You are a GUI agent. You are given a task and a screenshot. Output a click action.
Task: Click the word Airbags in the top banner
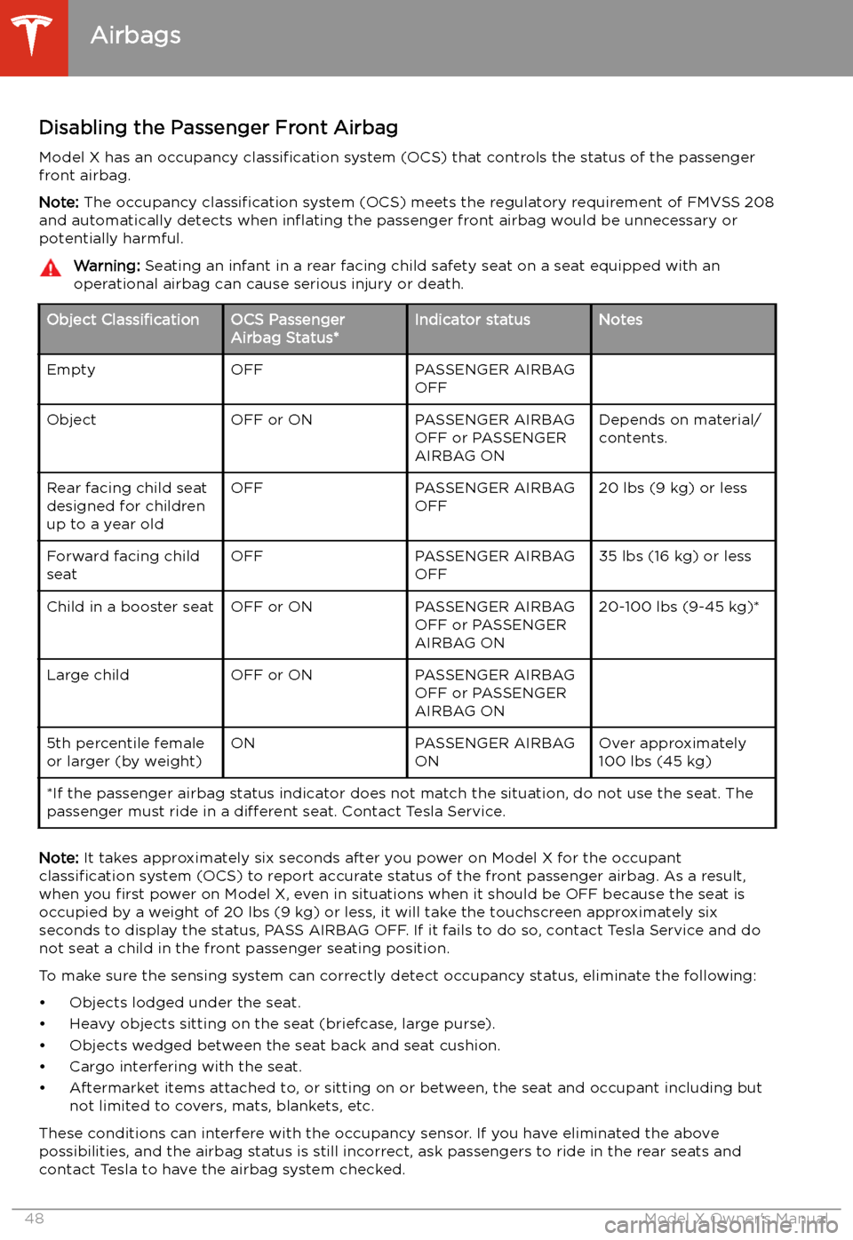[136, 36]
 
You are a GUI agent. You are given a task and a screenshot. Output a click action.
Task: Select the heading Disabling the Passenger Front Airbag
[218, 128]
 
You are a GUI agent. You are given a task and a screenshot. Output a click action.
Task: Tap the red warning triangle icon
[51, 268]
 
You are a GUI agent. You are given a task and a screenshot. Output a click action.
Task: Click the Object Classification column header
[123, 320]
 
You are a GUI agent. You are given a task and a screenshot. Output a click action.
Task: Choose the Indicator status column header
[472, 320]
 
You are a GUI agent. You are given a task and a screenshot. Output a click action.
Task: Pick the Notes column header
[620, 320]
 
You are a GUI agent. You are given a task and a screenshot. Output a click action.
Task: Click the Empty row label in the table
[71, 370]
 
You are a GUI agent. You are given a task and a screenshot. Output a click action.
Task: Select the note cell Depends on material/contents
[679, 429]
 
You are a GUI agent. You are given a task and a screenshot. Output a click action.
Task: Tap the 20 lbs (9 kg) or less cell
[673, 488]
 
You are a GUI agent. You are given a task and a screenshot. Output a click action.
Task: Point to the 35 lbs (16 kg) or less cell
[674, 556]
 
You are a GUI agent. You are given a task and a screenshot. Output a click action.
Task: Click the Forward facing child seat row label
[123, 565]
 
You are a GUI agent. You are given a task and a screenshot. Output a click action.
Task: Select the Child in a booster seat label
[130, 607]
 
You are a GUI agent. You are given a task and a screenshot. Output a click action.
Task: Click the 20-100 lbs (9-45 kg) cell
[679, 607]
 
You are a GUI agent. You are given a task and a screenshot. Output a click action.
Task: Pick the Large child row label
[88, 675]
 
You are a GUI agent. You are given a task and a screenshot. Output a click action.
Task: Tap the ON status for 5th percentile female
[243, 743]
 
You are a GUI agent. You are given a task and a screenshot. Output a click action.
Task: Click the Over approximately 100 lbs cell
[672, 752]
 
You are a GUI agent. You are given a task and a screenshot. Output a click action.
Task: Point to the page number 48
[34, 1219]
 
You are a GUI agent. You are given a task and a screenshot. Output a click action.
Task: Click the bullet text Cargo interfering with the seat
[185, 1067]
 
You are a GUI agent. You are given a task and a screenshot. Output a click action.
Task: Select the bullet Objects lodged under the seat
[185, 1003]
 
